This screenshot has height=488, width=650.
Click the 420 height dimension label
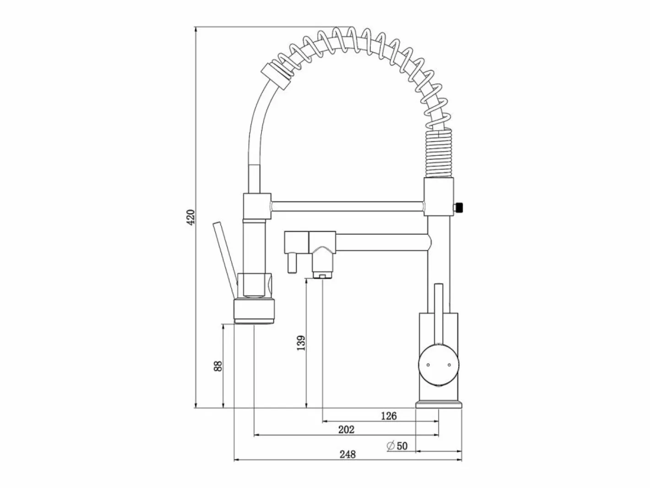[191, 217]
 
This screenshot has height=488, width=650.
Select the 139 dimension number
[301, 343]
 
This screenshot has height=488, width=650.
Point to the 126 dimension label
[389, 416]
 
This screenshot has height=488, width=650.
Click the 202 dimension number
[346, 429]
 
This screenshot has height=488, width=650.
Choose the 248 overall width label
[347, 454]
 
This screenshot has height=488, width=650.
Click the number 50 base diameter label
[402, 446]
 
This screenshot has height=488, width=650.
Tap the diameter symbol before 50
[391, 445]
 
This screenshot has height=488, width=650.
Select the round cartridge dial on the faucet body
[439, 365]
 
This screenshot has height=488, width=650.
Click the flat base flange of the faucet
[439, 404]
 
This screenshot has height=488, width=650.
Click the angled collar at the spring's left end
[276, 76]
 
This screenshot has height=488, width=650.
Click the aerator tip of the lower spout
[322, 277]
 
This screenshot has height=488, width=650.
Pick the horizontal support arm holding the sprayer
[347, 206]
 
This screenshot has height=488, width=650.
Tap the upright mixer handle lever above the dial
[438, 314]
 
